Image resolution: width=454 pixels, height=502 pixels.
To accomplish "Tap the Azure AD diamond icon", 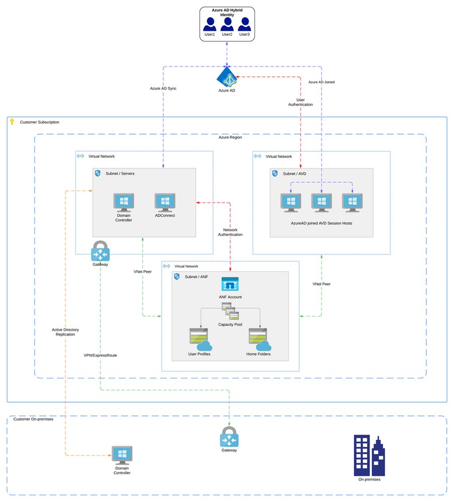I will (x=226, y=77).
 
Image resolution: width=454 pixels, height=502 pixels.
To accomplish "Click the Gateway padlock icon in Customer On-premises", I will (x=229, y=437).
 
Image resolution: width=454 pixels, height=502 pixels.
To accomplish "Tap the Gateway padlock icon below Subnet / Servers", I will (x=100, y=251).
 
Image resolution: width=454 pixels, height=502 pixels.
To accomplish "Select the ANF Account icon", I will (x=230, y=284).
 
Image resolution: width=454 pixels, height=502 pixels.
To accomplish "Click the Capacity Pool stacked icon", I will (x=230, y=312).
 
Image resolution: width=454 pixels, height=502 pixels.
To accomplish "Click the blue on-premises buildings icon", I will (x=370, y=455).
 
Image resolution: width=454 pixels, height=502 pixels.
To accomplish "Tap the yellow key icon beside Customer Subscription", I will (x=13, y=122).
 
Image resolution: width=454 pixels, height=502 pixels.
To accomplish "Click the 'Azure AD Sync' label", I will (x=163, y=88).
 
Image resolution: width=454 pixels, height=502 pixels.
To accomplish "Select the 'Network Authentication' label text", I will (x=230, y=232).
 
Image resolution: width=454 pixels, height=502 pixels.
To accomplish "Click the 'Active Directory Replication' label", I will (x=65, y=332).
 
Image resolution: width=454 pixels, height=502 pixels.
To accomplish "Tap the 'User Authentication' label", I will (x=300, y=102).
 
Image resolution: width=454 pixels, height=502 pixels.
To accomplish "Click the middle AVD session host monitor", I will (x=321, y=202).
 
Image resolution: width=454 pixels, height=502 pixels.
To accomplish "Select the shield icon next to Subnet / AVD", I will (x=275, y=173).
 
